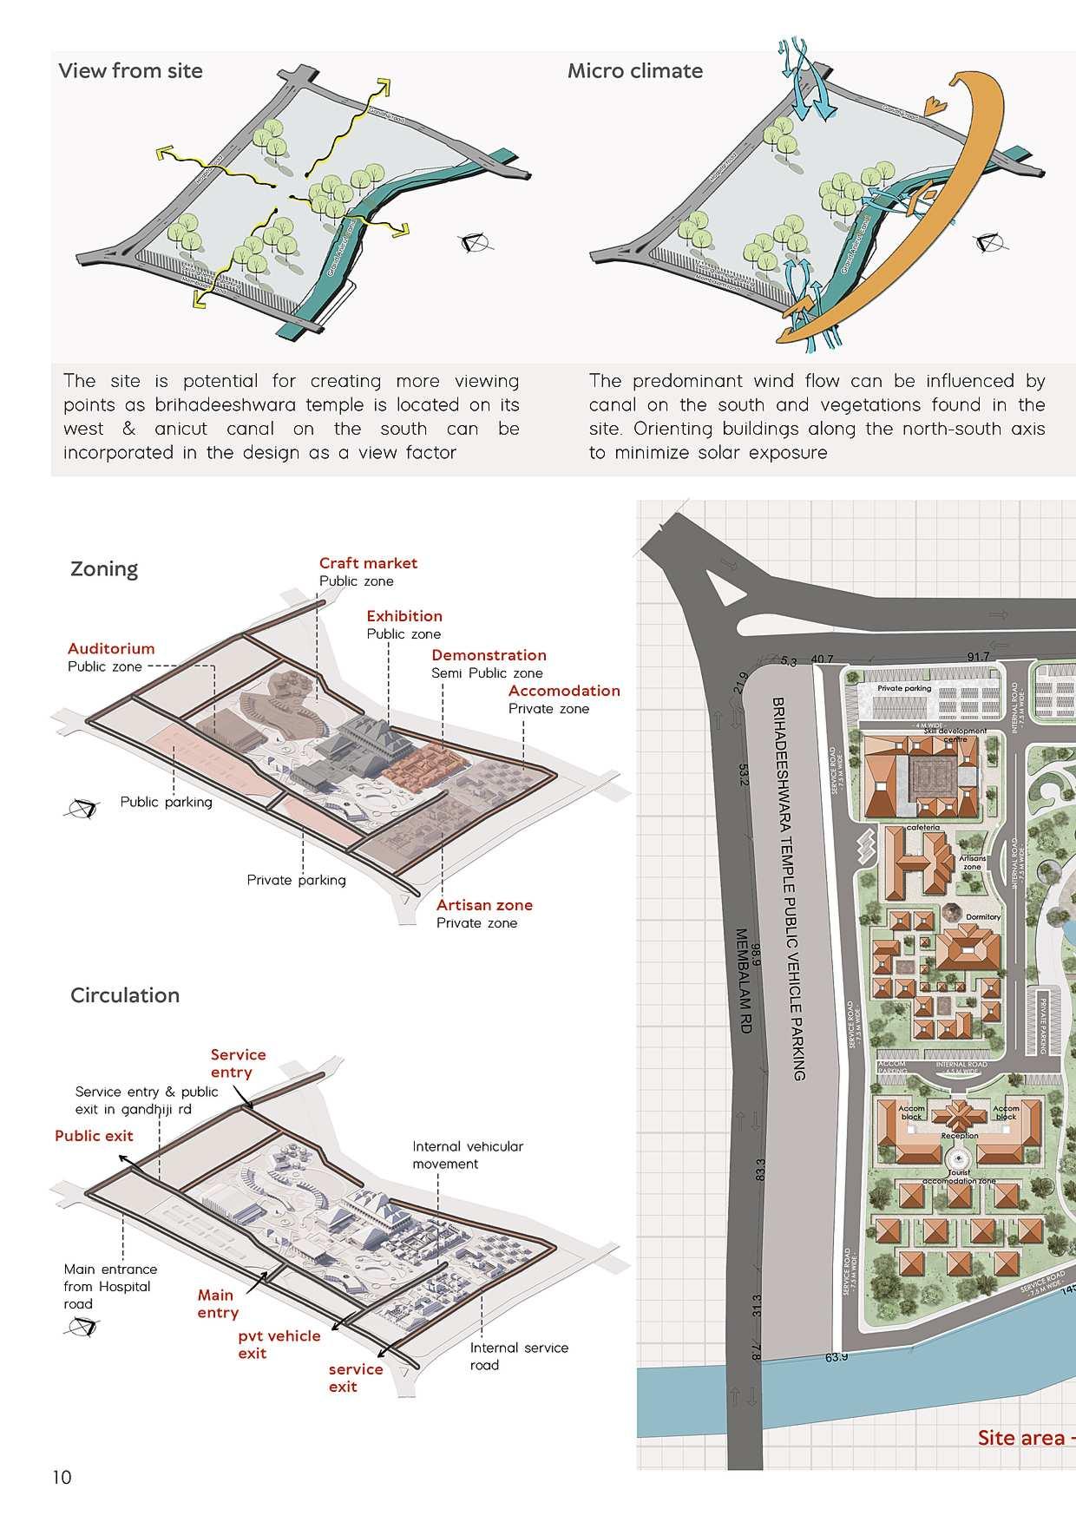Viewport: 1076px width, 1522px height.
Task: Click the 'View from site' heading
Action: pos(130,71)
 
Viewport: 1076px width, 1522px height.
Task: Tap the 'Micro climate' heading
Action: pos(634,71)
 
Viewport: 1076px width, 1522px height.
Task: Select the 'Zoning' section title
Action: pos(104,569)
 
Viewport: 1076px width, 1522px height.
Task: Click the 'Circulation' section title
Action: pos(125,995)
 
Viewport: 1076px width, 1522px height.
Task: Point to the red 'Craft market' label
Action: pos(368,563)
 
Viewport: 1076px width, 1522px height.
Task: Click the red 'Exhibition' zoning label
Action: pos(404,616)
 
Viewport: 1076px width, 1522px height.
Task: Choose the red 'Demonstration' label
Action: pos(489,655)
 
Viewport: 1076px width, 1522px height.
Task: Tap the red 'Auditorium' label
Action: pos(111,648)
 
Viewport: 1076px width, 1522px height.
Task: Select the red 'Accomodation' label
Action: pos(564,691)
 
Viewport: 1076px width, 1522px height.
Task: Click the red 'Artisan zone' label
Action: pos(484,905)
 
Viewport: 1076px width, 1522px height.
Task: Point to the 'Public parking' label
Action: pos(166,802)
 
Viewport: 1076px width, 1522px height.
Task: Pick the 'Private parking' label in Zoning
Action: pos(296,880)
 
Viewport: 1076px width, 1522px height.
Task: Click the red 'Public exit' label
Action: pos(94,1136)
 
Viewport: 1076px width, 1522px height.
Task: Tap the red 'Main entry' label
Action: pos(217,1304)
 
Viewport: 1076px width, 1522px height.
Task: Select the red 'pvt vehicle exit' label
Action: pos(279,1344)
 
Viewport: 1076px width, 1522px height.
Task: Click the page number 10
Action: pos(62,1478)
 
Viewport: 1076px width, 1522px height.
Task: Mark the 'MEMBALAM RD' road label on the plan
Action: pos(744,981)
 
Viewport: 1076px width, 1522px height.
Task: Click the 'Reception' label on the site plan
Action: pos(959,1135)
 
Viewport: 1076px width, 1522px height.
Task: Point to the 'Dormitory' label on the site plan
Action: pos(982,916)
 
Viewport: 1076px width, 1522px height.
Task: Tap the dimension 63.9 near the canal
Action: pos(837,1356)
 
